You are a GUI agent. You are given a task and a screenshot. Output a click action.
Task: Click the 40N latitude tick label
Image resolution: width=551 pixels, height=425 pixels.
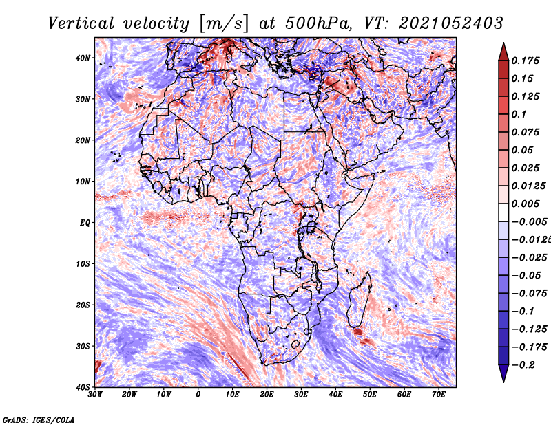point(83,58)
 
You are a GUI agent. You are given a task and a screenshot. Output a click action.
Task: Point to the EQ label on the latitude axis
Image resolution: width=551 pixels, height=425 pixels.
point(85,223)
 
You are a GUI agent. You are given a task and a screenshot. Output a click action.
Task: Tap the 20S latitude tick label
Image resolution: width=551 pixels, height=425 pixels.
point(83,305)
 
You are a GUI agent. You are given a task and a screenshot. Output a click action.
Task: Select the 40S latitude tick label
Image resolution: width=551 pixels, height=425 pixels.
point(83,387)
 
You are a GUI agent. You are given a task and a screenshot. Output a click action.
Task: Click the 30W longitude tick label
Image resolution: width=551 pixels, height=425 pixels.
point(95,395)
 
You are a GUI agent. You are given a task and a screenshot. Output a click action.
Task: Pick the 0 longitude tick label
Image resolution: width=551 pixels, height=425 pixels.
point(198,395)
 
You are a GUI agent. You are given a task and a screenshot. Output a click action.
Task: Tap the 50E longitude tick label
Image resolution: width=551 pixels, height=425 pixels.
point(370,395)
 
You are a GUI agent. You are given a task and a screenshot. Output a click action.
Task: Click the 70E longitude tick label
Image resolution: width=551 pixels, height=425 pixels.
point(439,395)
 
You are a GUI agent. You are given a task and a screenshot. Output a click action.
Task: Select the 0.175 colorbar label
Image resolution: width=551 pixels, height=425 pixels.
point(526,61)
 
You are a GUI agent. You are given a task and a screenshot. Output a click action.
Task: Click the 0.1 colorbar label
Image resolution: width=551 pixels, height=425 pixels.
point(519,114)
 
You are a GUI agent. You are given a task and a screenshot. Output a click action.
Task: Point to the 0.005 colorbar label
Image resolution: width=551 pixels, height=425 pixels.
point(526,204)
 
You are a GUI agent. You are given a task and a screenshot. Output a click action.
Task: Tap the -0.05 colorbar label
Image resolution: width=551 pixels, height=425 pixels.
point(529,276)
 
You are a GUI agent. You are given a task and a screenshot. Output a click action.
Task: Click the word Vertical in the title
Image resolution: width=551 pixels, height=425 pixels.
point(81,23)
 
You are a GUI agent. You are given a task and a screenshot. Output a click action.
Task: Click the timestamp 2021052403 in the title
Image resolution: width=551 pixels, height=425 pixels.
point(451,23)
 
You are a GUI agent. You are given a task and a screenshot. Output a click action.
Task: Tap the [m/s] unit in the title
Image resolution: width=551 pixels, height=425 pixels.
point(224,24)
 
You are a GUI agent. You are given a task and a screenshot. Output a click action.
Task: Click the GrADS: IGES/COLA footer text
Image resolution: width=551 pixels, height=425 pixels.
point(39,419)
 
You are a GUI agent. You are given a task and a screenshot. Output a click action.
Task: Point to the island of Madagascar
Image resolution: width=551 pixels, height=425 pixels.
point(359,301)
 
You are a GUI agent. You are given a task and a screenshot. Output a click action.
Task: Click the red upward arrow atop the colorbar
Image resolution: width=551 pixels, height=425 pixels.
point(503,52)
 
